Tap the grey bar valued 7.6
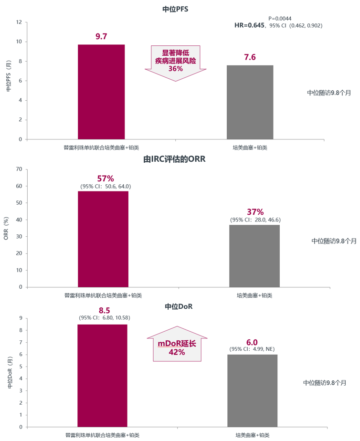click(250, 102)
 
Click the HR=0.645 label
click(249, 25)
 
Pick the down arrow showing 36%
click(176, 62)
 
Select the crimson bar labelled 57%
click(103, 239)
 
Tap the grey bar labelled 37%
click(254, 255)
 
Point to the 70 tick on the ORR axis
click(19, 169)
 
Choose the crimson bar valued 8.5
click(102, 375)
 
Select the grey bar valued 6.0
click(252, 390)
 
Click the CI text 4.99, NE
click(252, 350)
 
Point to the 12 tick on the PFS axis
click(19, 22)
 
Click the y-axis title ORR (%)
click(6, 228)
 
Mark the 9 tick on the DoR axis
click(21, 318)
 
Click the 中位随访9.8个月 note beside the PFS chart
click(328, 93)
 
